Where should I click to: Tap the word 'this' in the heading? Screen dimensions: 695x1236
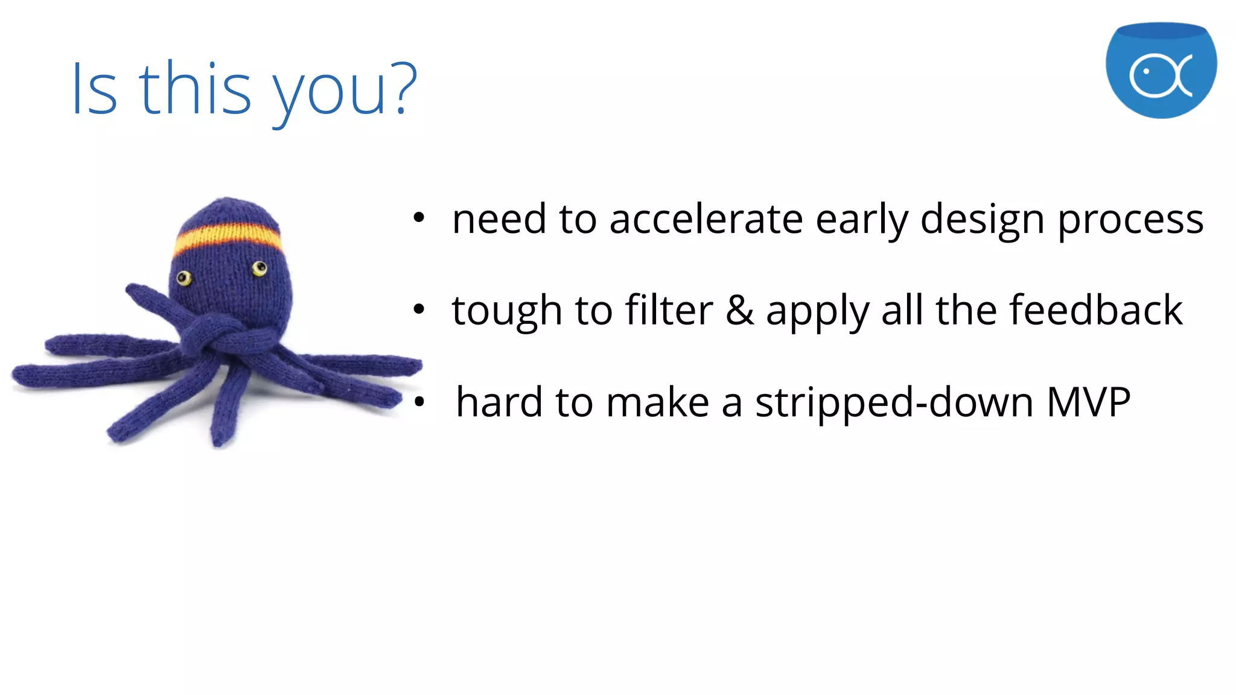click(x=195, y=89)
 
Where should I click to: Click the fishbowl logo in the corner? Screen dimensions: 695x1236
click(x=1161, y=71)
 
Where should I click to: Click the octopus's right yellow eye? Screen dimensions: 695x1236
click(x=260, y=268)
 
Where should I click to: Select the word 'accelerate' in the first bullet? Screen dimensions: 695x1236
click(x=706, y=219)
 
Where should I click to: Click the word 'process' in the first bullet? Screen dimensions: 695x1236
click(x=1130, y=220)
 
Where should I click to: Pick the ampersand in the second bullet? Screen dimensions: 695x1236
click(x=739, y=310)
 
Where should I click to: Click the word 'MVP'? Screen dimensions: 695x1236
click(x=1088, y=402)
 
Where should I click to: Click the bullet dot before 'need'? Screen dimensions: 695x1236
click(x=419, y=218)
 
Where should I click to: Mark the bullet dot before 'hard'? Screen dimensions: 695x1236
click(x=419, y=401)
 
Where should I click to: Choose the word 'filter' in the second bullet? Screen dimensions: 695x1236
click(x=669, y=310)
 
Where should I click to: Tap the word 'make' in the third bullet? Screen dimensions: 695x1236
click(x=657, y=402)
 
